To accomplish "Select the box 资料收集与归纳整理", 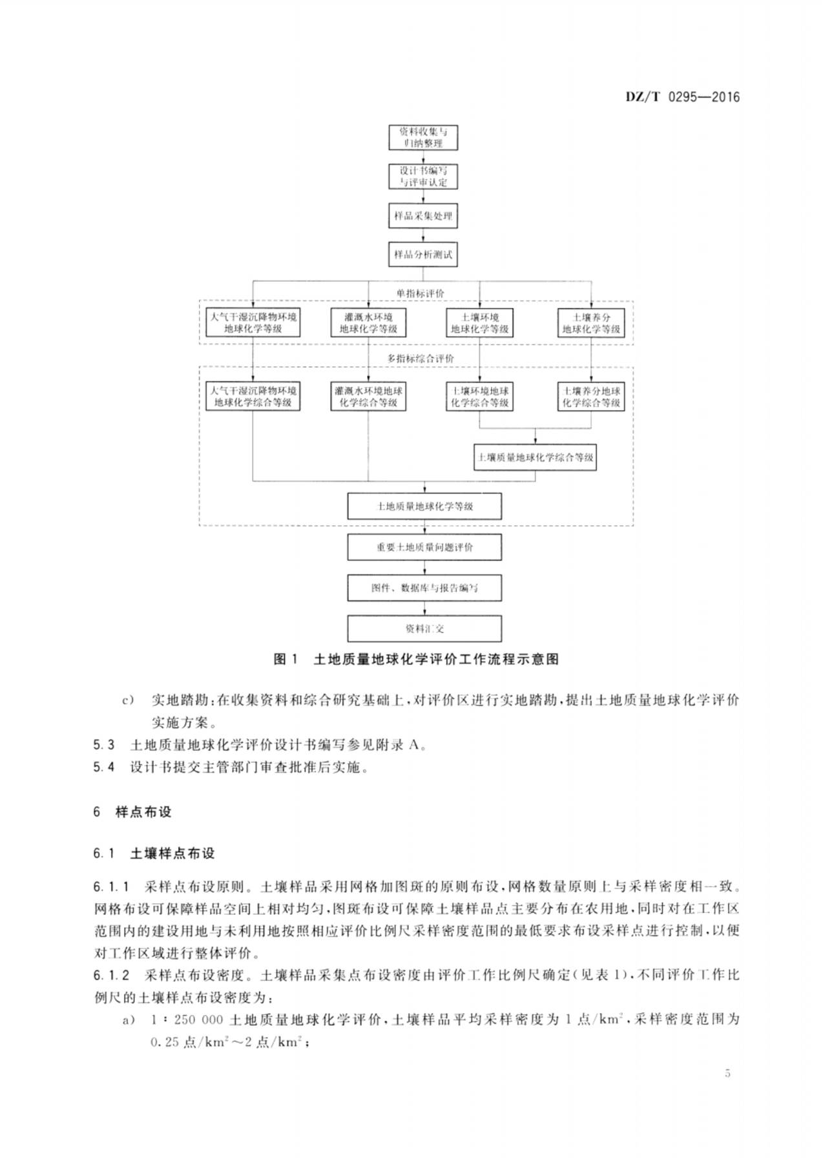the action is (422, 137).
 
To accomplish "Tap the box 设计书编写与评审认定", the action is (422, 176).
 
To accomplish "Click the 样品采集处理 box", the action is (423, 216).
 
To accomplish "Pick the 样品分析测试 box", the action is (423, 255).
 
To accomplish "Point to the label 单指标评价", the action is (421, 293).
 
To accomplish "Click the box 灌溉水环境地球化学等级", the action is (368, 323).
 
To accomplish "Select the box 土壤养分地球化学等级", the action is (591, 323).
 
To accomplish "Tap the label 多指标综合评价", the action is (421, 358).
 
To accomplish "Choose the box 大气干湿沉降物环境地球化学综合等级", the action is (253, 397).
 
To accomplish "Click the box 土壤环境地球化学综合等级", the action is (480, 397).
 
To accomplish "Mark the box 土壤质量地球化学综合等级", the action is (535, 457).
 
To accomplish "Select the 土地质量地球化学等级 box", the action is (424, 506).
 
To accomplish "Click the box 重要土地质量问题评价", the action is (424, 547).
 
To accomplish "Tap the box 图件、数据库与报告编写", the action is (424, 588).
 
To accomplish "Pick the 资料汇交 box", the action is (424, 629).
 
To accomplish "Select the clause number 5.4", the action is (103, 767).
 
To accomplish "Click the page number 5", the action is (728, 1074).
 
